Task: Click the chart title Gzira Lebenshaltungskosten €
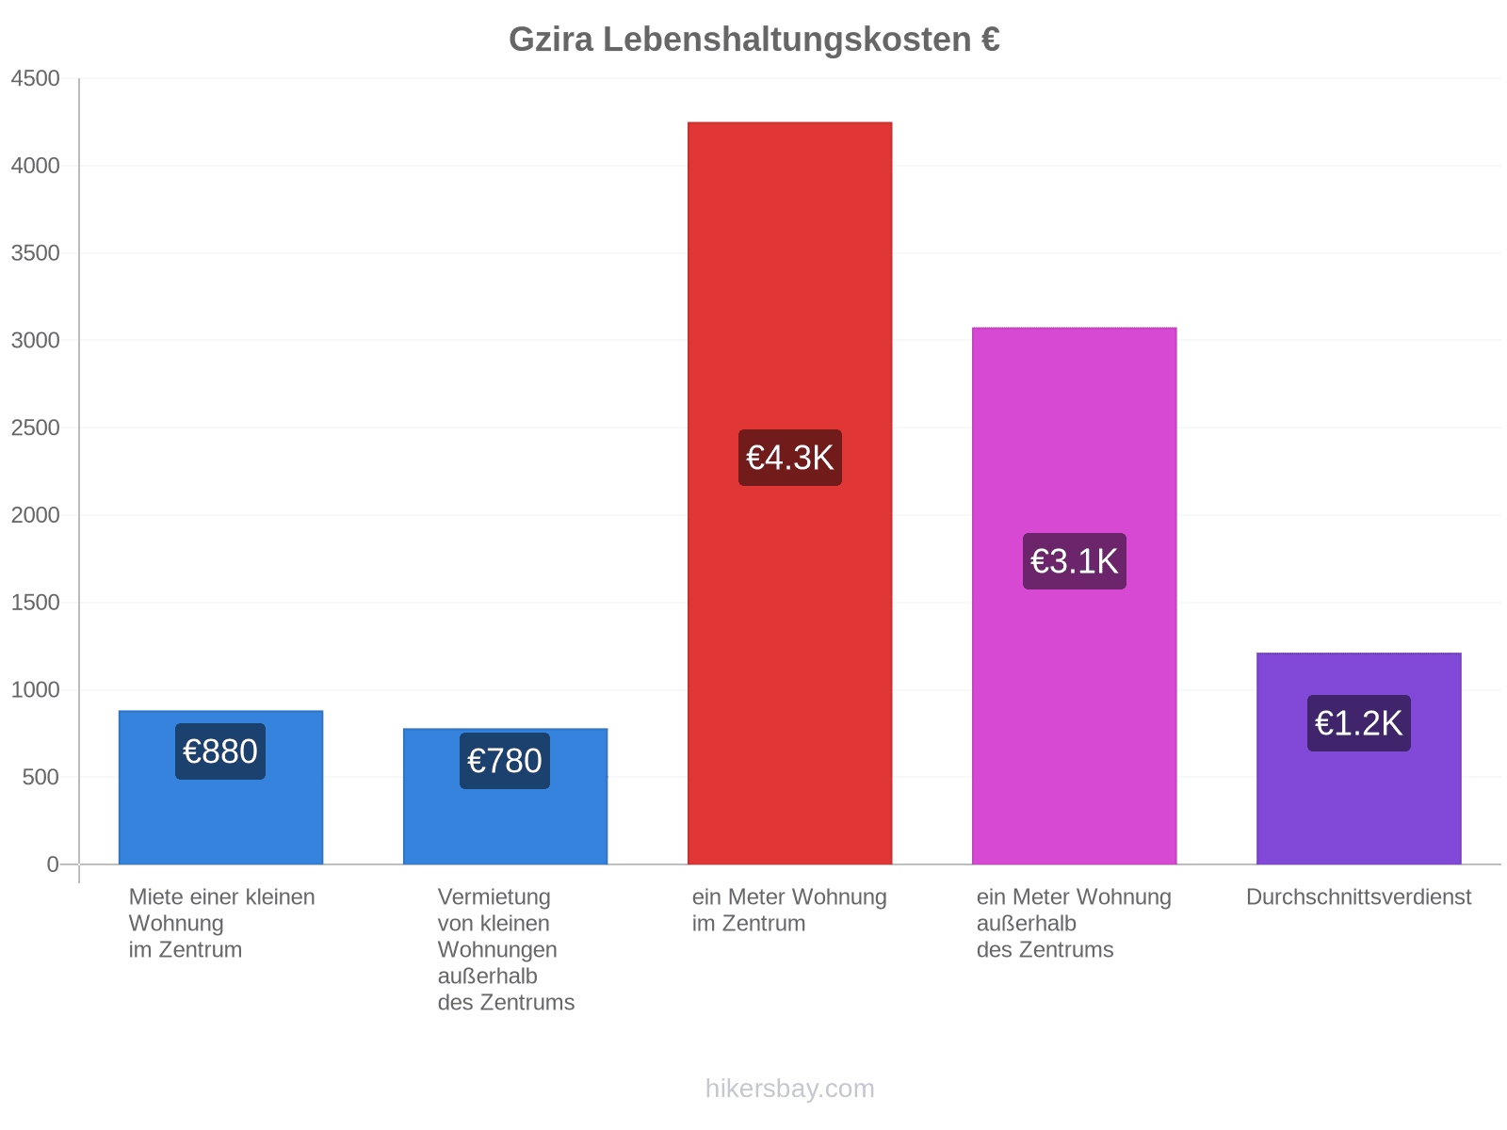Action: [x=753, y=40]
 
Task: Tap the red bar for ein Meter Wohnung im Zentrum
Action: [x=789, y=492]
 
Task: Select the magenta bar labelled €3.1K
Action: [x=1074, y=595]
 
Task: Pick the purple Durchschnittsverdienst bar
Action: [x=1358, y=758]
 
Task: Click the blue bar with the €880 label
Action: [x=220, y=787]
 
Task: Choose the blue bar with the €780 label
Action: [x=505, y=796]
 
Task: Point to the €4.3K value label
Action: [x=789, y=458]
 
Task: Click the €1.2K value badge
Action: [x=1358, y=723]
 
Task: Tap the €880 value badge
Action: [x=220, y=751]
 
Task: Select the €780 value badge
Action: [x=505, y=761]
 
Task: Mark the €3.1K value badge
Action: [x=1074, y=561]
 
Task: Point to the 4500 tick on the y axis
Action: [x=35, y=78]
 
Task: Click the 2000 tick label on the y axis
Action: [x=35, y=514]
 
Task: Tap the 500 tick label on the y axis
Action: [x=41, y=777]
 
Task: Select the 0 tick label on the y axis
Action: [x=53, y=864]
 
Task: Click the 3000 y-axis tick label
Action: [x=35, y=340]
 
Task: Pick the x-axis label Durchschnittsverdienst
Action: [x=1358, y=896]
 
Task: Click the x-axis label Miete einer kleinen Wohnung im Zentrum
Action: [x=221, y=923]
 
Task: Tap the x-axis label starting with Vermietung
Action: [x=505, y=949]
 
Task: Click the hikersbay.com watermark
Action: [x=789, y=1089]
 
